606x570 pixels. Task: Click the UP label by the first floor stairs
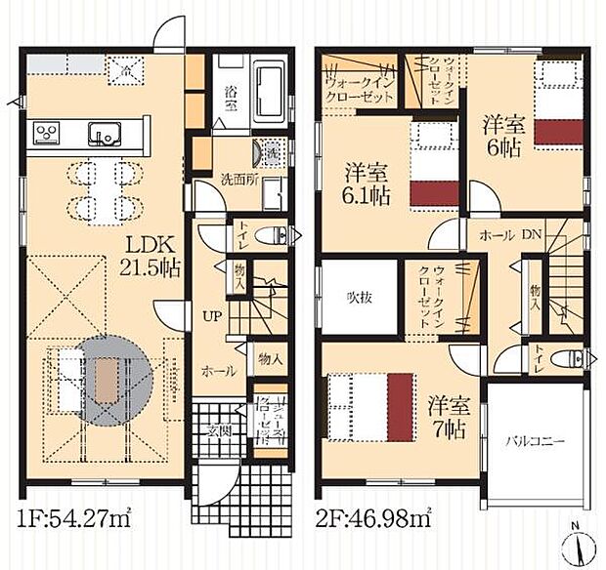click(x=211, y=316)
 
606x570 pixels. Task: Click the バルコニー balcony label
click(x=535, y=441)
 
